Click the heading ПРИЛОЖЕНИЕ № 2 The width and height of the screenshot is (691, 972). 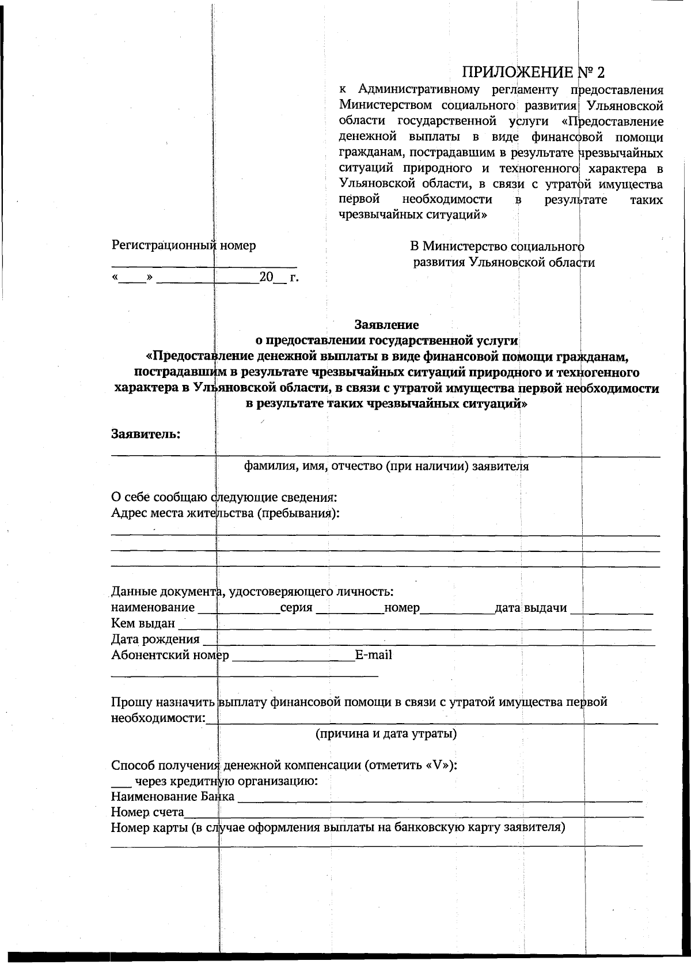click(534, 72)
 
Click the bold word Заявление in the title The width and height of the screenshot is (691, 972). click(386, 324)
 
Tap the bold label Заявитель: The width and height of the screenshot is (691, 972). click(146, 434)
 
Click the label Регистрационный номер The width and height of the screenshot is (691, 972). click(184, 245)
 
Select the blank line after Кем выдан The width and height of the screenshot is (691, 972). click(415, 625)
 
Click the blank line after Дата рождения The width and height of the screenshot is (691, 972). click(429, 640)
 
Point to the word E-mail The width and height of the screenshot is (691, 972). click(373, 655)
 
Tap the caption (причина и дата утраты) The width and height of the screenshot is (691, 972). click(386, 733)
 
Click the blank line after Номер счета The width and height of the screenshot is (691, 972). click(413, 814)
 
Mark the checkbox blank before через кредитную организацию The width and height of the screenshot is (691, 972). click(121, 784)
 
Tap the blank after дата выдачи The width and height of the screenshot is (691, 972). click(612, 609)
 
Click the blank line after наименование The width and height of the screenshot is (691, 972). click(238, 609)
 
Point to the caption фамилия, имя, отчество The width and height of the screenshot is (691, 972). click(386, 466)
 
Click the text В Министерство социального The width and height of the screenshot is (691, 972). click(497, 247)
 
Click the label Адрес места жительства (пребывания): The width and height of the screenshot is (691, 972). click(225, 513)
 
